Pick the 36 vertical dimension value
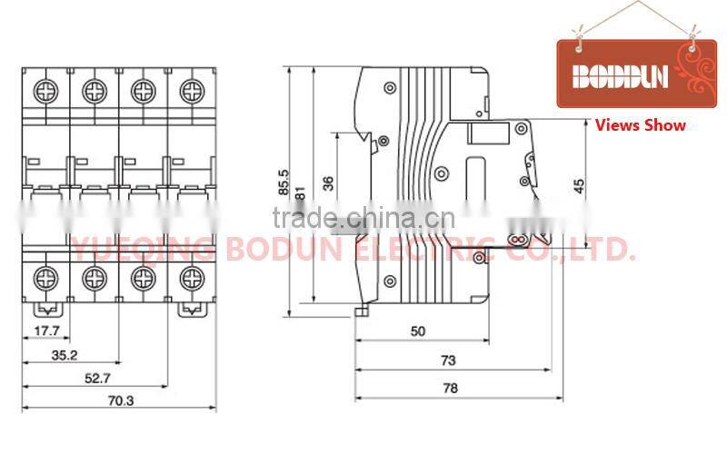328,183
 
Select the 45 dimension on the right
579,185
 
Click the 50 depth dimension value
418,331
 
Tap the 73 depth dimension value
448,360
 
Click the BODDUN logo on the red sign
618,76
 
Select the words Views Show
640,125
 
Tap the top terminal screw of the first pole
44,90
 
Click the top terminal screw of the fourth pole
190,90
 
